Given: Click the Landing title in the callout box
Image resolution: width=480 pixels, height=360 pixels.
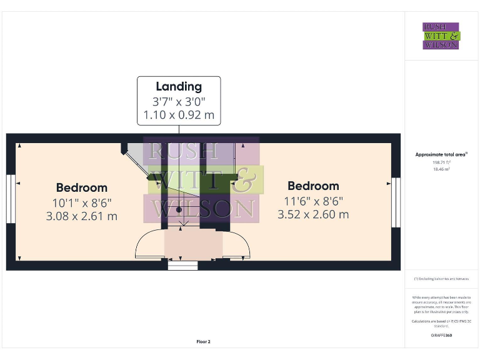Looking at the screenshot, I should pos(179,87).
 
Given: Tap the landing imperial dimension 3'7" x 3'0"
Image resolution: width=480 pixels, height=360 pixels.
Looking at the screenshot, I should pos(179,101).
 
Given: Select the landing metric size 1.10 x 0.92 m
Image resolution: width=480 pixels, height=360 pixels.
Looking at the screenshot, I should pos(179,115).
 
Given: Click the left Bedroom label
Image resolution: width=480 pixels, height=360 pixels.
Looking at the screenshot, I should pos(81,187).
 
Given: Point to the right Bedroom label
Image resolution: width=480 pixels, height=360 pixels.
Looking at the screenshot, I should pos(313,186).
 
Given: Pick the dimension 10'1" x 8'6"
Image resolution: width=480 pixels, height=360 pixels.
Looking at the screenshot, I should pos(81,202).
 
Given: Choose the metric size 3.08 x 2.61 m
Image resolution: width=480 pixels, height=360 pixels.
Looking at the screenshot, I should pos(81,216).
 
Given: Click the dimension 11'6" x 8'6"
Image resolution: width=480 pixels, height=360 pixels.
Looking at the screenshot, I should pos(313,201).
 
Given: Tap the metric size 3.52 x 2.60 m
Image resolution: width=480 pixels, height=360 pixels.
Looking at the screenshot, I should pos(313,214).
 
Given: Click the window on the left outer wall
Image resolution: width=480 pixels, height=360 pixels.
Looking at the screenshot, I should pos(10,199).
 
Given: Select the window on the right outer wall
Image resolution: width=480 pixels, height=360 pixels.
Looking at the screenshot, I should pos(395,202).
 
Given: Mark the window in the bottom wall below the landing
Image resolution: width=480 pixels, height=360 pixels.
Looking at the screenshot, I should pos(182,266).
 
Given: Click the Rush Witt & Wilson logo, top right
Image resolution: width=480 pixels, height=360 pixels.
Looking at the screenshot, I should pos(441,36).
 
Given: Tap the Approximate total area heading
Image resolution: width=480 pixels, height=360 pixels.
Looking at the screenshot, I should pos(441,154).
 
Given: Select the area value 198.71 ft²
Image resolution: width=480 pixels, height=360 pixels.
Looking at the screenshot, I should pos(441,162).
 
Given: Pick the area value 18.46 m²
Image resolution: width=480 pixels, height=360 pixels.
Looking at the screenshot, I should pos(441,169).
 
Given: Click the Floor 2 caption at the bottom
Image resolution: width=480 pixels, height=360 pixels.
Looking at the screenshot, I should pos(204,342).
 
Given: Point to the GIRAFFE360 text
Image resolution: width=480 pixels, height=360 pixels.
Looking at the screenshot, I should pos(441,336).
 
